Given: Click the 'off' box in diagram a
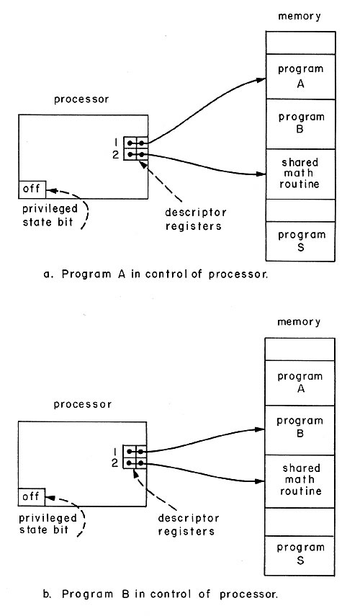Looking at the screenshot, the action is tap(32, 189).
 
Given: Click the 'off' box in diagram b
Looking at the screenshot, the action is tap(32, 497).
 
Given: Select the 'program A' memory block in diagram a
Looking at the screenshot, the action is tap(301, 76).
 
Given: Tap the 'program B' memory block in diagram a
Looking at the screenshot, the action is tap(301, 124).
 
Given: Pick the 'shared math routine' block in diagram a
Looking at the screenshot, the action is tap(301, 174).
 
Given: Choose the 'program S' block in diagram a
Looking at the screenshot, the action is tap(301, 241).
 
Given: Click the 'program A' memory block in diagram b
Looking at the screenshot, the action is tap(300, 383).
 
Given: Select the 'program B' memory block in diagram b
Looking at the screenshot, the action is tap(300, 430).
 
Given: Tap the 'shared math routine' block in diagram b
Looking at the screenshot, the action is tap(300, 481).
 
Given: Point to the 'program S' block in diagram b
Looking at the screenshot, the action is tap(300, 555).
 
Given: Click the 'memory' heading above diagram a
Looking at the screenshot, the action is tap(300, 17).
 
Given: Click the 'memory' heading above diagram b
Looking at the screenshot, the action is tap(299, 322).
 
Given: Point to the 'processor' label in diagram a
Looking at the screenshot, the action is tap(81, 99).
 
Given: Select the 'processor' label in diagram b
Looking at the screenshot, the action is tap(83, 405).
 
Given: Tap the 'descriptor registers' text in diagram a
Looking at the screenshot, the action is tap(195, 219).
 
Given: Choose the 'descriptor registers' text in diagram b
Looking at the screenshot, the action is tap(189, 525).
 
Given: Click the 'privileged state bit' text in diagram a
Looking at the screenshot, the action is tap(50, 215).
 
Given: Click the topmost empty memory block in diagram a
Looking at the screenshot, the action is tap(301, 43).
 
